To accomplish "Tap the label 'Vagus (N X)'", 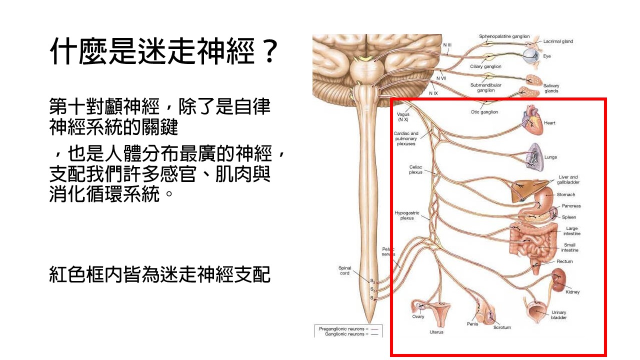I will [x=403, y=117].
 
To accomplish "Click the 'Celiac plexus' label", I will [x=415, y=169].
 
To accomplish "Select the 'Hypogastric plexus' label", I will [x=407, y=215].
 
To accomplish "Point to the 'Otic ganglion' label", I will [x=484, y=112].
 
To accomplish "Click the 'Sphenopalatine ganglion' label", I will [x=504, y=36].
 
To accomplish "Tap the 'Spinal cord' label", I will [x=345, y=270].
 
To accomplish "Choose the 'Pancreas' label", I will [x=571, y=206].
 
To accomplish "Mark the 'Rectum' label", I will [x=565, y=261].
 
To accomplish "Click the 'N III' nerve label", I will [x=447, y=45].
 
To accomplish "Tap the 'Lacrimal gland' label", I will [x=558, y=41].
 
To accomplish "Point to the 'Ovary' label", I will [x=418, y=316].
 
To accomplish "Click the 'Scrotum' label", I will [x=502, y=327].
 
